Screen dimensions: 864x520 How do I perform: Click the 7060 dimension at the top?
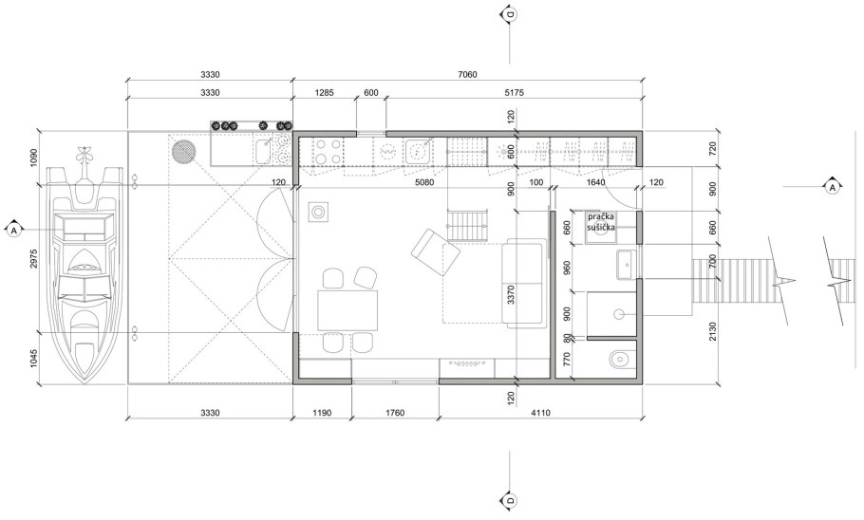(x=467, y=74)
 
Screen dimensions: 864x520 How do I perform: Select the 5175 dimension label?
(x=514, y=93)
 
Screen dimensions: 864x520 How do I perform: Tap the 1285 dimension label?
(x=324, y=93)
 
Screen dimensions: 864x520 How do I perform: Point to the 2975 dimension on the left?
(x=33, y=259)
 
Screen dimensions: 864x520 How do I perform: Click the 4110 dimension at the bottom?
(x=540, y=413)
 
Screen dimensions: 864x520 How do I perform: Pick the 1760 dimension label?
(x=395, y=413)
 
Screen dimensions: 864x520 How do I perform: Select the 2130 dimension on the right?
(x=713, y=331)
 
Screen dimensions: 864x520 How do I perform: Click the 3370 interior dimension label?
(x=511, y=295)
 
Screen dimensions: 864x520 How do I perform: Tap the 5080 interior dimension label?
(x=423, y=182)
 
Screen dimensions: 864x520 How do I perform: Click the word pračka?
(x=601, y=216)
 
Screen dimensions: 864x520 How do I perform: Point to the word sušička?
(x=601, y=227)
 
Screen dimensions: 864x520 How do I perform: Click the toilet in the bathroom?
(x=621, y=360)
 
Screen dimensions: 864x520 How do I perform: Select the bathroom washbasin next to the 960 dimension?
(x=627, y=265)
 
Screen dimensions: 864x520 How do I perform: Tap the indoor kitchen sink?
(x=420, y=150)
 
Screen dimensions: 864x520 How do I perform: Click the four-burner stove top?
(x=328, y=150)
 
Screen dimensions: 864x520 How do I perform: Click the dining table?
(x=347, y=310)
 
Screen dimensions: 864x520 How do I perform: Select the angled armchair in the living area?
(x=435, y=251)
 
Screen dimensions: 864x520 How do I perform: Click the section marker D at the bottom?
(x=510, y=501)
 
